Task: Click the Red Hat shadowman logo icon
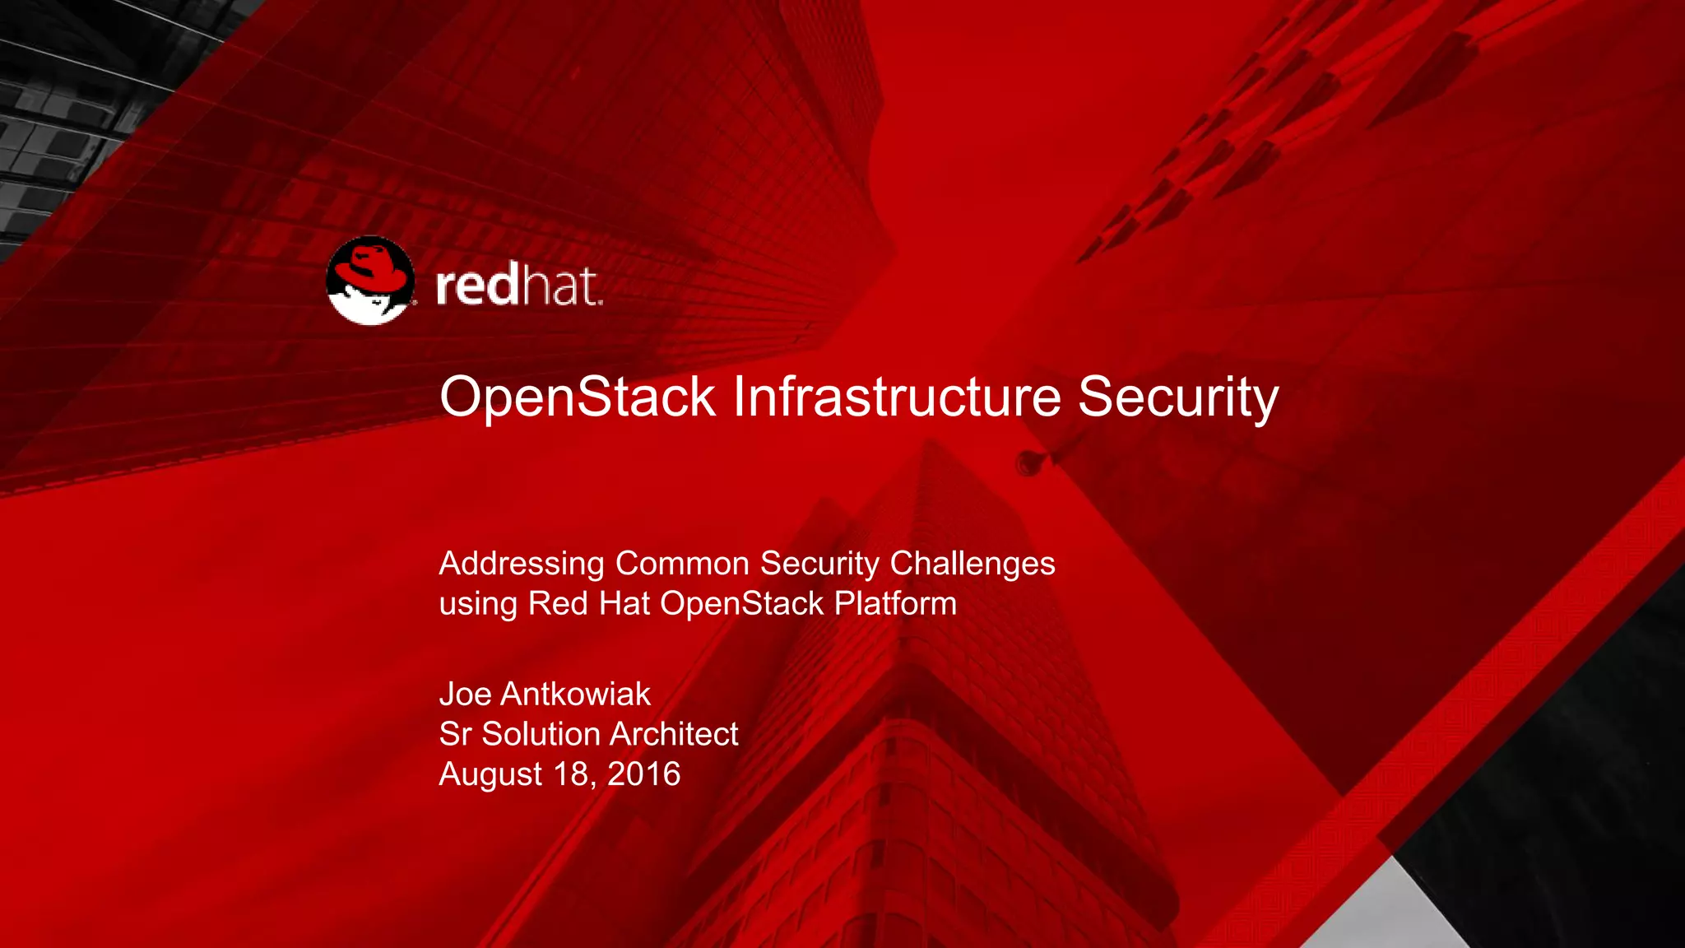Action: tap(370, 281)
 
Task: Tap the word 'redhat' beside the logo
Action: tap(518, 286)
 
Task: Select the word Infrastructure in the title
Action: tap(897, 397)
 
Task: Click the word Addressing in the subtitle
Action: tap(522, 565)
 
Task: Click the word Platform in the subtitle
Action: tap(895, 604)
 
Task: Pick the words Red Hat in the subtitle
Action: tap(589, 604)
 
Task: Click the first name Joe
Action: tap(465, 695)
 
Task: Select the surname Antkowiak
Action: tap(575, 695)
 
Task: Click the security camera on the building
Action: tap(1029, 462)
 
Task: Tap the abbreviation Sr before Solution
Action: tap(455, 734)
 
